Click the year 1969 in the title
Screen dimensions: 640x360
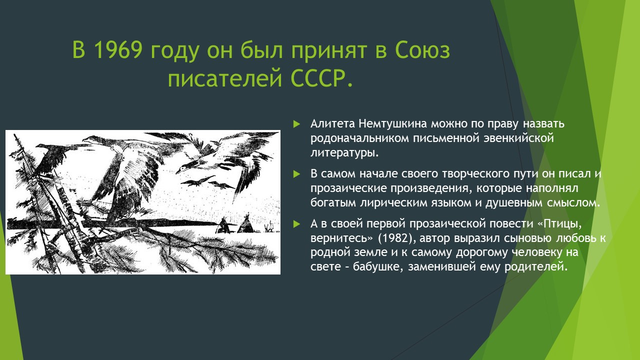tap(117, 50)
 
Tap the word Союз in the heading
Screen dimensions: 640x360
tap(422, 50)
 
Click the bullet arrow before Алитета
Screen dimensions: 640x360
tap(296, 124)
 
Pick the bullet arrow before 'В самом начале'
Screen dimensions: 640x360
tap(296, 173)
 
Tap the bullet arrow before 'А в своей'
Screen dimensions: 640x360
tap(296, 224)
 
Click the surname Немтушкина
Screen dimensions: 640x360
tap(393, 123)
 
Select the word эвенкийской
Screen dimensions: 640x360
tap(519, 138)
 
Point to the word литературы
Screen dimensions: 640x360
tap(344, 153)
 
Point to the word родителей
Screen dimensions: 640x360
tap(535, 267)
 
